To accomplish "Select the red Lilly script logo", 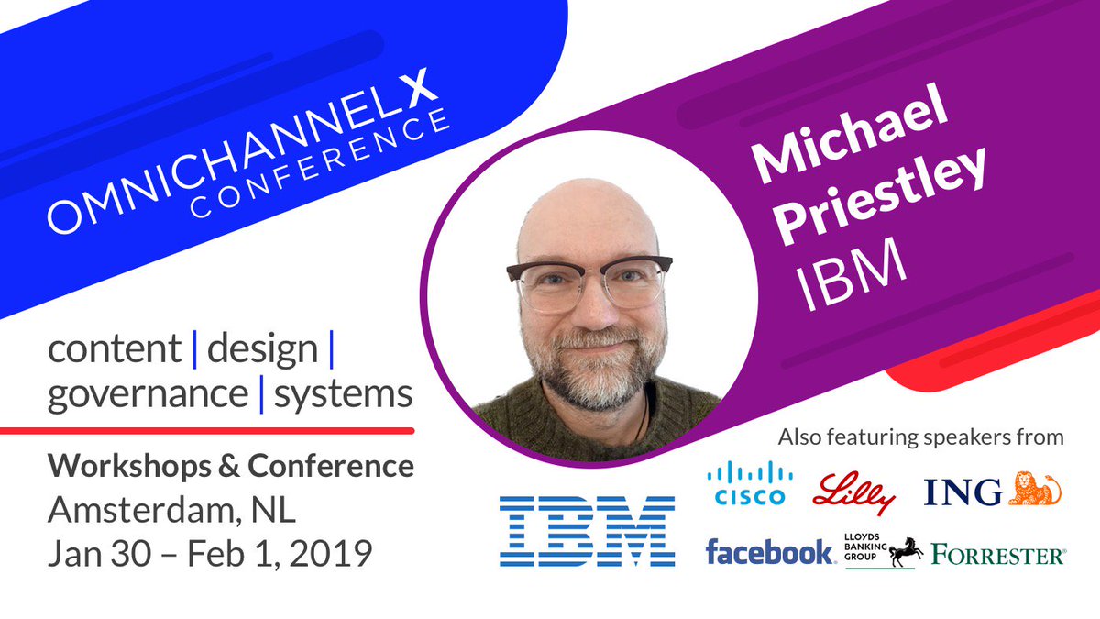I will (x=853, y=490).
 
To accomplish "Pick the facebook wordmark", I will (x=769, y=553).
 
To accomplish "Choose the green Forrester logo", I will (x=997, y=554).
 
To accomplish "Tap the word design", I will (x=263, y=349).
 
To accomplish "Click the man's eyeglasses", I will (x=587, y=281).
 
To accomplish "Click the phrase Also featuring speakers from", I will (x=920, y=437).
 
